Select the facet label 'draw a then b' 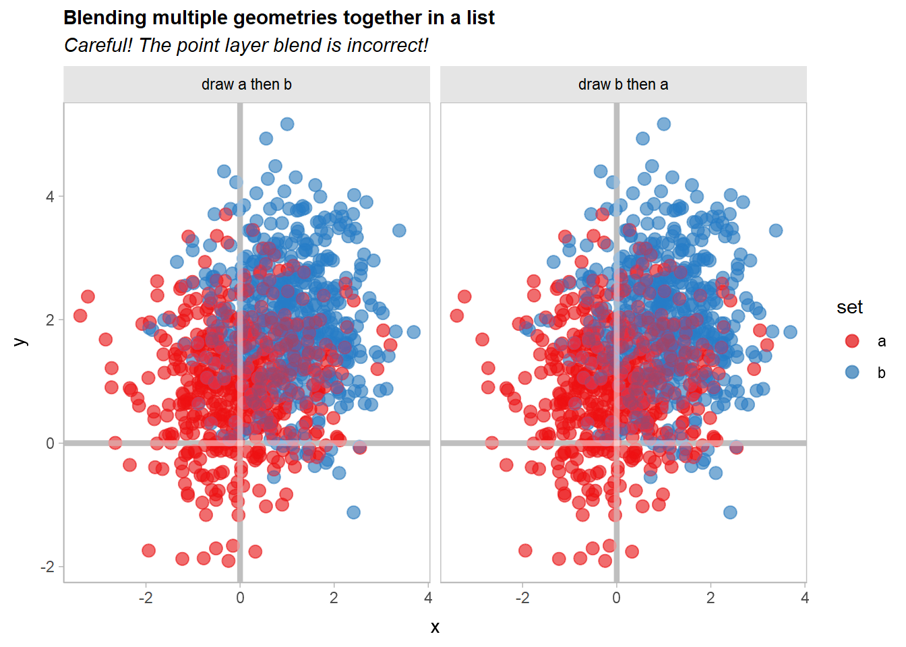tap(247, 84)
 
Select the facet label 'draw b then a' tap(624, 84)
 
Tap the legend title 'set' tap(849, 307)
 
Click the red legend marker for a tap(852, 341)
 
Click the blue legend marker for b tap(852, 372)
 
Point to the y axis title tap(21, 342)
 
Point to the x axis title tap(435, 627)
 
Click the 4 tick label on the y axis tap(50, 197)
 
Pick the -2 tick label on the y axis tap(47, 567)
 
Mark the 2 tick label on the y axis tap(50, 320)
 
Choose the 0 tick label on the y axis tap(50, 443)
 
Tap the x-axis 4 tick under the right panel tap(804, 598)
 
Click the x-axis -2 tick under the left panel tap(146, 598)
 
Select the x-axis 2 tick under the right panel tap(711, 598)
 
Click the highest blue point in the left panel tap(287, 124)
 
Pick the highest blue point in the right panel tap(664, 124)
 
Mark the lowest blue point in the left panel tap(353, 512)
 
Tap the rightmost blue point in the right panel tap(790, 332)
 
